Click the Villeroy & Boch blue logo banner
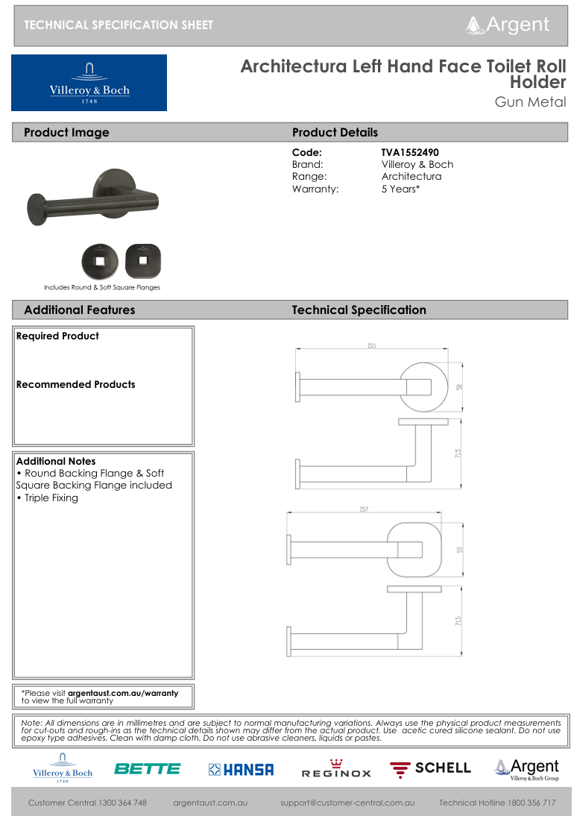[x=89, y=83]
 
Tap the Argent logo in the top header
[x=508, y=25]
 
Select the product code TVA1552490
[x=410, y=152]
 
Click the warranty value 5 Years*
[x=400, y=189]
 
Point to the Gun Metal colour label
[x=530, y=102]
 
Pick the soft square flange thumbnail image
[x=142, y=261]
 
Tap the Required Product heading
[x=57, y=336]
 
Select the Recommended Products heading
[x=75, y=385]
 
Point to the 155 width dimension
[x=371, y=345]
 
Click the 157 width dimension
[x=364, y=509]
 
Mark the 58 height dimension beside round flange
[x=460, y=387]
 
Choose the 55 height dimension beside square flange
[x=460, y=550]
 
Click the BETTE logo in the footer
[x=147, y=768]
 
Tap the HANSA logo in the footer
[x=241, y=769]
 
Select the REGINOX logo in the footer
[x=335, y=770]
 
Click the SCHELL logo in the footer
[x=431, y=768]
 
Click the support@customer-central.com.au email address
[x=347, y=803]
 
